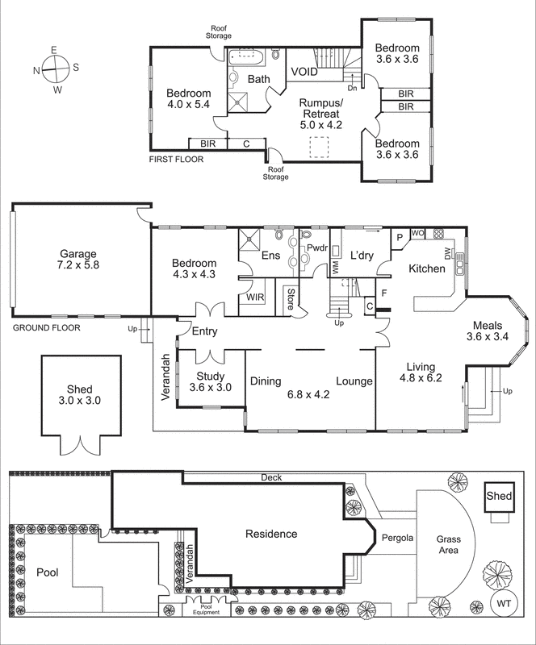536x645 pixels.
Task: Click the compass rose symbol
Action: pos(54,70)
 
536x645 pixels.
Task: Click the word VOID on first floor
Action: pos(304,72)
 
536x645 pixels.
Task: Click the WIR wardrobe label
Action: pos(255,298)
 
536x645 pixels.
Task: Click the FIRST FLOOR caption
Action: pos(177,159)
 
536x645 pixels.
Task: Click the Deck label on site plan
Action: pos(270,477)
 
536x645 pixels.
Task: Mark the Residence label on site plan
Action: pos(271,534)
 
